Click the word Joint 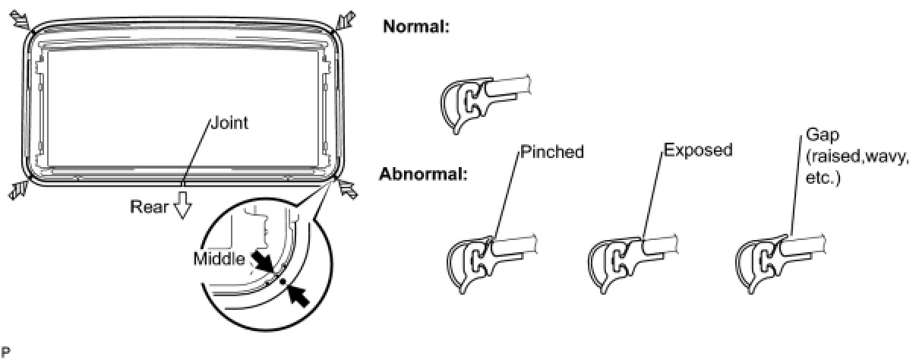229,122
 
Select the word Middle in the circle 219,259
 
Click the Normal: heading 417,27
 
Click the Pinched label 552,152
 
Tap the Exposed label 697,150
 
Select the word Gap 820,137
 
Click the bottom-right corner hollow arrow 347,190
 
